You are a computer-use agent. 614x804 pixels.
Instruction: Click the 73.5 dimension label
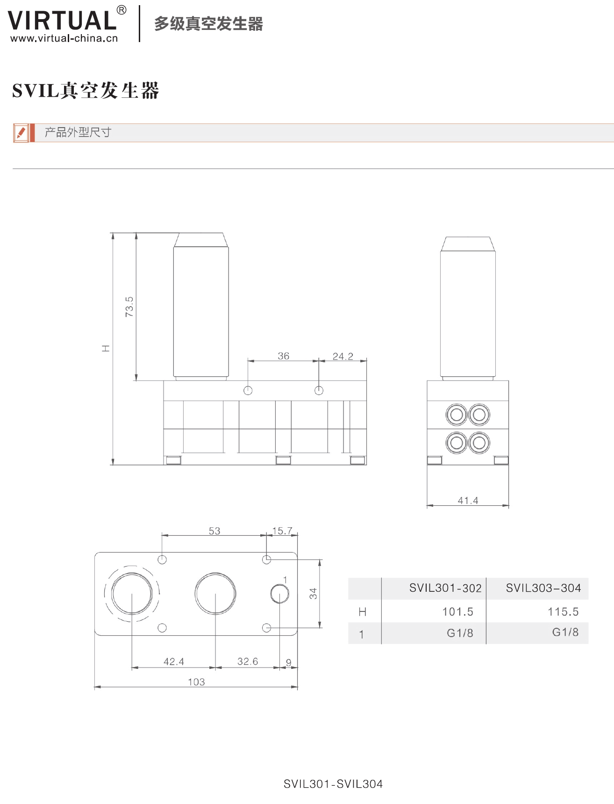tap(129, 307)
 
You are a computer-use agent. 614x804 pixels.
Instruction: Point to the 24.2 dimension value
tap(343, 356)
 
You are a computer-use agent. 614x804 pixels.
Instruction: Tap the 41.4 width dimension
tap(468, 501)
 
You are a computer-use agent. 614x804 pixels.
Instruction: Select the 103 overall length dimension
tap(196, 682)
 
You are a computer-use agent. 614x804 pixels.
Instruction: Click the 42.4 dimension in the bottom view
tap(174, 661)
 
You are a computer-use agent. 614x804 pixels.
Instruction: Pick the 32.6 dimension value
tap(248, 661)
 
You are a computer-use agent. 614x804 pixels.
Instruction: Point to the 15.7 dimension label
tap(282, 531)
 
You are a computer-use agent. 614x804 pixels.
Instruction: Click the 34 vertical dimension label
tap(313, 594)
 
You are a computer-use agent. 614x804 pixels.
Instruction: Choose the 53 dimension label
tap(214, 531)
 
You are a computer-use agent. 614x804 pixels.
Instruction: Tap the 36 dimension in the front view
tap(284, 356)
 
